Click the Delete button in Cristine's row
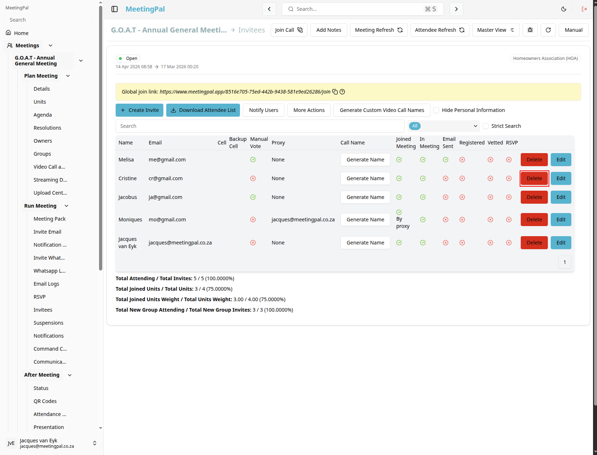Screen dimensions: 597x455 coord(534,178)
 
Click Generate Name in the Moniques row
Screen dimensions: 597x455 coord(365,219)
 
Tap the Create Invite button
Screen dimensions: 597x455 coord(139,110)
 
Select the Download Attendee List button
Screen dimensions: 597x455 coord(203,110)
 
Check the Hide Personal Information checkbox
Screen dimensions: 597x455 coord(436,110)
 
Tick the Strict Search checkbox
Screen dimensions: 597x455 coord(485,126)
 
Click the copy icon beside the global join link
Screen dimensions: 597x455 coord(335,92)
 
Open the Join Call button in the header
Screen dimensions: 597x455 coord(289,30)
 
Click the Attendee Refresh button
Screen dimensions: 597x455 coord(439,30)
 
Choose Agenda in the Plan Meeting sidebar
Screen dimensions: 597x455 coord(42,115)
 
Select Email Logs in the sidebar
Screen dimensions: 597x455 coord(46,284)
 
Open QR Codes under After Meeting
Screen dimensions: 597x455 coord(45,401)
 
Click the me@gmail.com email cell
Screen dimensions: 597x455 coord(167,160)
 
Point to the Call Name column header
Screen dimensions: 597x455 coord(352,143)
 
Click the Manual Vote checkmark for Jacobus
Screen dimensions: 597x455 coord(253,197)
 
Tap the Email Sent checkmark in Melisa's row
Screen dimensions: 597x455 coord(445,160)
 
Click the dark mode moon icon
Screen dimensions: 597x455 coord(563,9)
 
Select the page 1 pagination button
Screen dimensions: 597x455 coord(564,262)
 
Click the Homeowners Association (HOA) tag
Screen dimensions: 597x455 coord(545,58)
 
